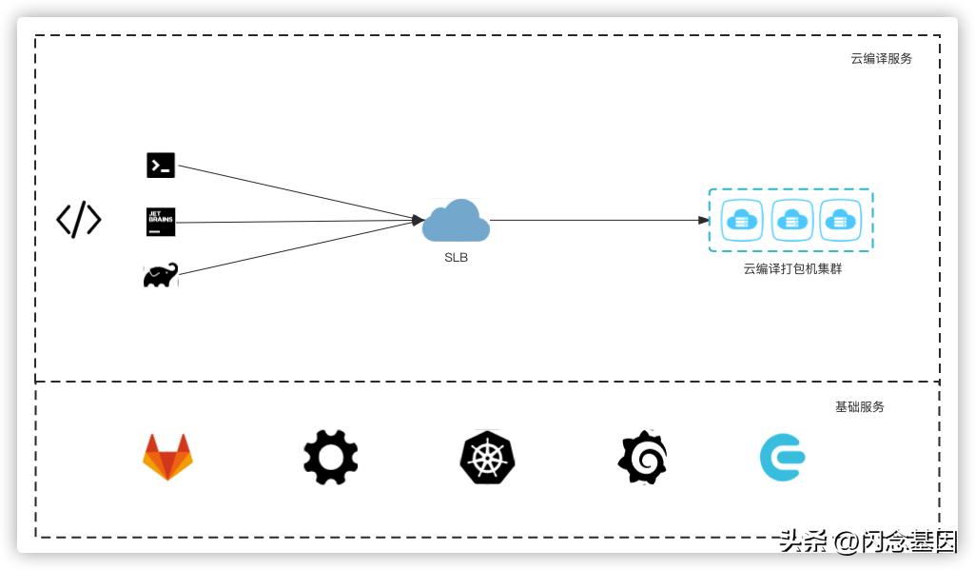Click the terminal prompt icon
click(x=161, y=165)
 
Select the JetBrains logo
click(x=161, y=222)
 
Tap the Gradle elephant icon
click(x=160, y=276)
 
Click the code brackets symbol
click(x=78, y=220)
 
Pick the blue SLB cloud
click(x=456, y=222)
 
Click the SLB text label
click(x=456, y=258)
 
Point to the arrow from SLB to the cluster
click(x=599, y=220)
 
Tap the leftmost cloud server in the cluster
click(x=741, y=220)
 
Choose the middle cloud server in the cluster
click(x=791, y=220)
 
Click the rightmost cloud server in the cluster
click(x=840, y=220)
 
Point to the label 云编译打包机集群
click(x=792, y=269)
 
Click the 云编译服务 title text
click(x=881, y=58)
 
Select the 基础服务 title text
click(x=860, y=406)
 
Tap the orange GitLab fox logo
click(x=167, y=457)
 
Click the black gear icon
click(x=331, y=457)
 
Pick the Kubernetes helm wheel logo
click(x=487, y=457)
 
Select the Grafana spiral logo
click(x=643, y=457)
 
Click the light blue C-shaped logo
click(x=782, y=457)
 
